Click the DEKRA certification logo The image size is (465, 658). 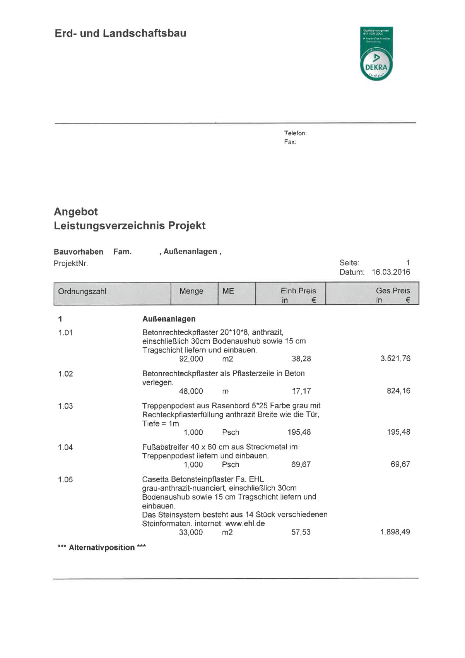click(x=376, y=54)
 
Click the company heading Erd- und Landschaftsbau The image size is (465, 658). click(x=120, y=33)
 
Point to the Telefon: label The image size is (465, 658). click(x=295, y=133)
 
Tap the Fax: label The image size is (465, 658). click(x=290, y=142)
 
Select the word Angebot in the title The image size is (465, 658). click(x=76, y=212)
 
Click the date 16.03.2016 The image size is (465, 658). click(x=391, y=272)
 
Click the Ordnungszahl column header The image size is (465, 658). click(x=82, y=291)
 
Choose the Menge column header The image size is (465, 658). click(x=191, y=291)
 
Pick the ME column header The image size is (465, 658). click(x=228, y=291)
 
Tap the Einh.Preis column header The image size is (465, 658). click(x=298, y=291)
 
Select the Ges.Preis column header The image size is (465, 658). click(x=393, y=291)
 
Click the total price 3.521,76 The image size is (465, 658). click(x=395, y=358)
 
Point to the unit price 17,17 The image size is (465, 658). click(x=301, y=391)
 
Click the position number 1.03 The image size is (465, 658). click(x=65, y=406)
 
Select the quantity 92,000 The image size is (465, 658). click(x=191, y=359)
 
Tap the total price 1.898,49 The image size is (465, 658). click(x=395, y=532)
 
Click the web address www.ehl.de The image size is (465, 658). click(x=245, y=524)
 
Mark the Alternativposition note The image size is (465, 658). click(x=102, y=547)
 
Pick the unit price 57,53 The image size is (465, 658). click(x=301, y=532)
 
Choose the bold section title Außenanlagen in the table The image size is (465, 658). click(x=169, y=319)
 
